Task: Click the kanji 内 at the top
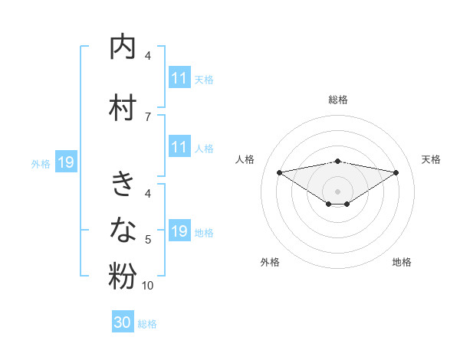[x=123, y=47]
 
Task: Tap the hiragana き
[x=123, y=185]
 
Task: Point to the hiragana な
[x=123, y=229]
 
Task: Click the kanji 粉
[x=123, y=277]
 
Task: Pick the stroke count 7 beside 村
[x=148, y=116]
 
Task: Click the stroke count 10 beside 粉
[x=148, y=286]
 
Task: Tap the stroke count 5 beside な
[x=148, y=240]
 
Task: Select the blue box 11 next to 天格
[x=179, y=78]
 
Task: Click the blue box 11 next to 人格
[x=179, y=147]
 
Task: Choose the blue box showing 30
[x=123, y=322]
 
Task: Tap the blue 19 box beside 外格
[x=65, y=162]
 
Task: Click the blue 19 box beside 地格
[x=179, y=231]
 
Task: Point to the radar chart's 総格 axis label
[x=337, y=100]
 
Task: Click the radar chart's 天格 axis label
[x=431, y=159]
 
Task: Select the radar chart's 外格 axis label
[x=270, y=262]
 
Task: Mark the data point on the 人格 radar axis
[x=279, y=172]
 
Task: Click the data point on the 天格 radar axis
[x=396, y=172]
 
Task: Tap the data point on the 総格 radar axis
[x=337, y=161]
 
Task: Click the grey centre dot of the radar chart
[x=337, y=191]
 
